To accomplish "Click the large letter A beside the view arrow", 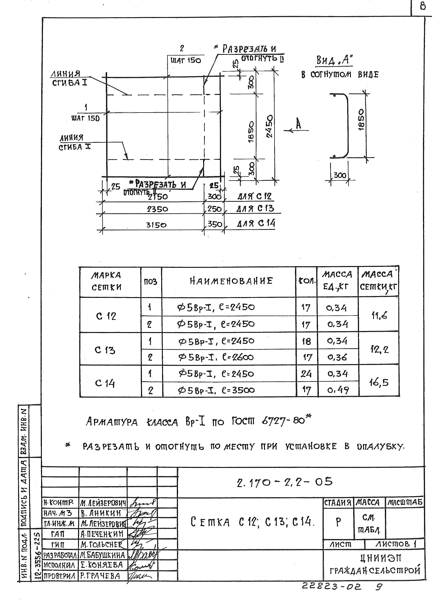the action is [x=299, y=124].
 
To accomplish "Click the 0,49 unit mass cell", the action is [x=338, y=390].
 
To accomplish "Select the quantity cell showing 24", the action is [x=306, y=374].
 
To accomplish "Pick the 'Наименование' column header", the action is [x=231, y=281].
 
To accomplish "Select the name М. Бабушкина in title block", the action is [x=102, y=555].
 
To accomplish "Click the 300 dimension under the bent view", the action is [x=340, y=175].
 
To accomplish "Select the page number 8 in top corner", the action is [x=423, y=6].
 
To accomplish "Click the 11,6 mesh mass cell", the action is [x=379, y=316].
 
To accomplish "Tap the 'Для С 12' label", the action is [x=255, y=196].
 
